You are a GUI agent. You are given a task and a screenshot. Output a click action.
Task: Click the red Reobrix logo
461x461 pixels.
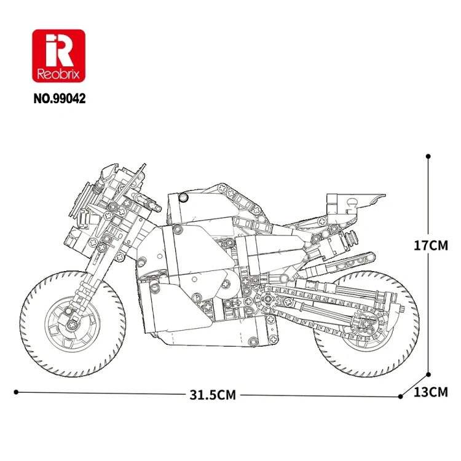(59, 56)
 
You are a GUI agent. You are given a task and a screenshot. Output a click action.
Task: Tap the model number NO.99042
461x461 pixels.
(60, 98)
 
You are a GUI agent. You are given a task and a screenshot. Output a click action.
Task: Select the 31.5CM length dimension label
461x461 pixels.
(213, 395)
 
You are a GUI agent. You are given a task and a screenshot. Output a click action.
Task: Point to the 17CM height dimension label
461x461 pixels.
(431, 245)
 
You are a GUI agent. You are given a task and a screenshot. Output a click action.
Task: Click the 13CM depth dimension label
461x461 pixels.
(431, 392)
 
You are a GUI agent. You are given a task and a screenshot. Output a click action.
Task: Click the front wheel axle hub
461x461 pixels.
(72, 325)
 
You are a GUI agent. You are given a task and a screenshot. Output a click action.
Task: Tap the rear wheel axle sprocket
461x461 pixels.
(366, 323)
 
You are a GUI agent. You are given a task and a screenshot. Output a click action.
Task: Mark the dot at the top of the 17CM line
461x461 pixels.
(428, 156)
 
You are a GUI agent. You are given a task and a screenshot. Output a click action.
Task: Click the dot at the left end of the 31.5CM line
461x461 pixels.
(16, 392)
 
